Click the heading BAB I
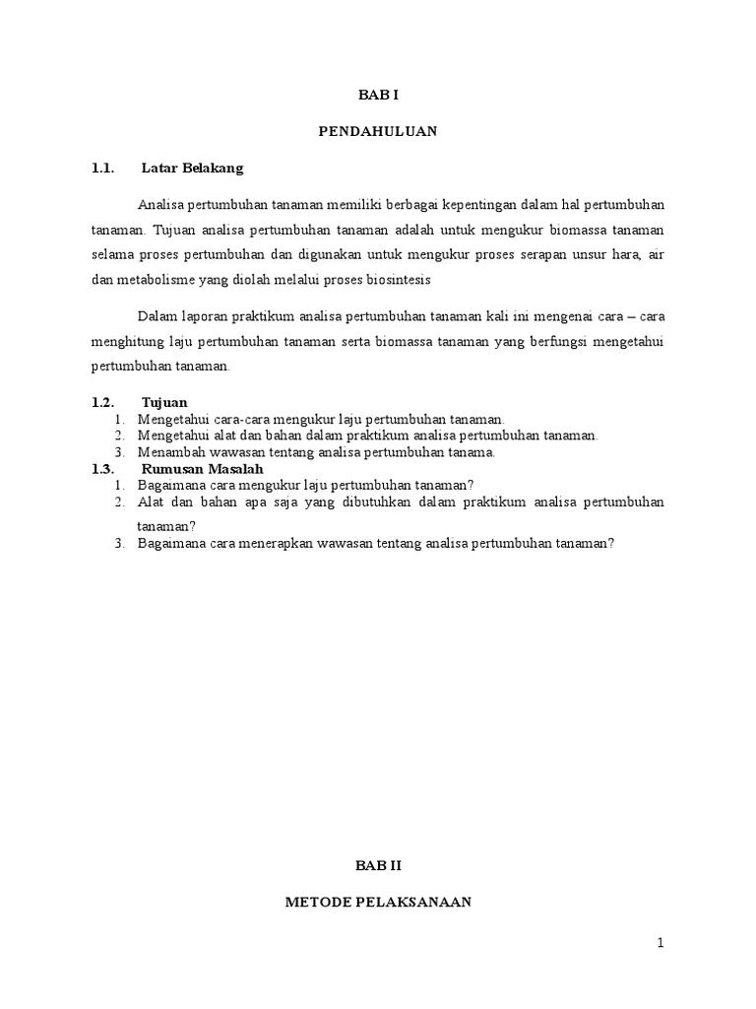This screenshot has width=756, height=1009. [x=378, y=95]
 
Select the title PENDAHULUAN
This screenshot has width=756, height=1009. [x=378, y=131]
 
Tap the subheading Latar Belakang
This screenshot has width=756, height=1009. [x=192, y=168]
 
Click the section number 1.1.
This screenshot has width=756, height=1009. [x=103, y=168]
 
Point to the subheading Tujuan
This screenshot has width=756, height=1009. [x=164, y=403]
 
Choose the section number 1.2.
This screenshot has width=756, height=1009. [x=103, y=403]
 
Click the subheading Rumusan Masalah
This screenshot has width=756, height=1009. [x=202, y=470]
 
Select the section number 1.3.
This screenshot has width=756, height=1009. [x=103, y=470]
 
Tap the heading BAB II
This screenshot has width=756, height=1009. [x=379, y=864]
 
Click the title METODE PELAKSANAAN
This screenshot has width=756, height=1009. [x=378, y=902]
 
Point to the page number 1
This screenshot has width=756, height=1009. [x=661, y=943]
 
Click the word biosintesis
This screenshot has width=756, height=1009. [x=401, y=279]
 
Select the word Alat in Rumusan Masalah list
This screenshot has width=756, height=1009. [x=151, y=503]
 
